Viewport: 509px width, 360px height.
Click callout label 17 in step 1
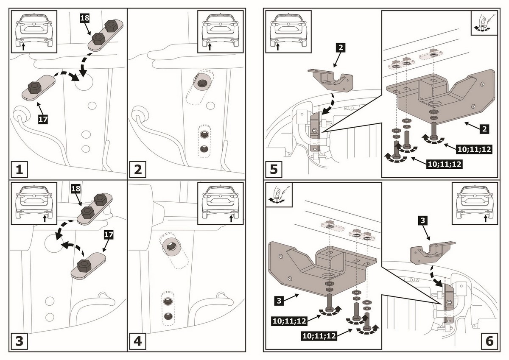43,119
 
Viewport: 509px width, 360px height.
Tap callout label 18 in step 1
85,18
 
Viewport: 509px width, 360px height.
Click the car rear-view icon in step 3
34,202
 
